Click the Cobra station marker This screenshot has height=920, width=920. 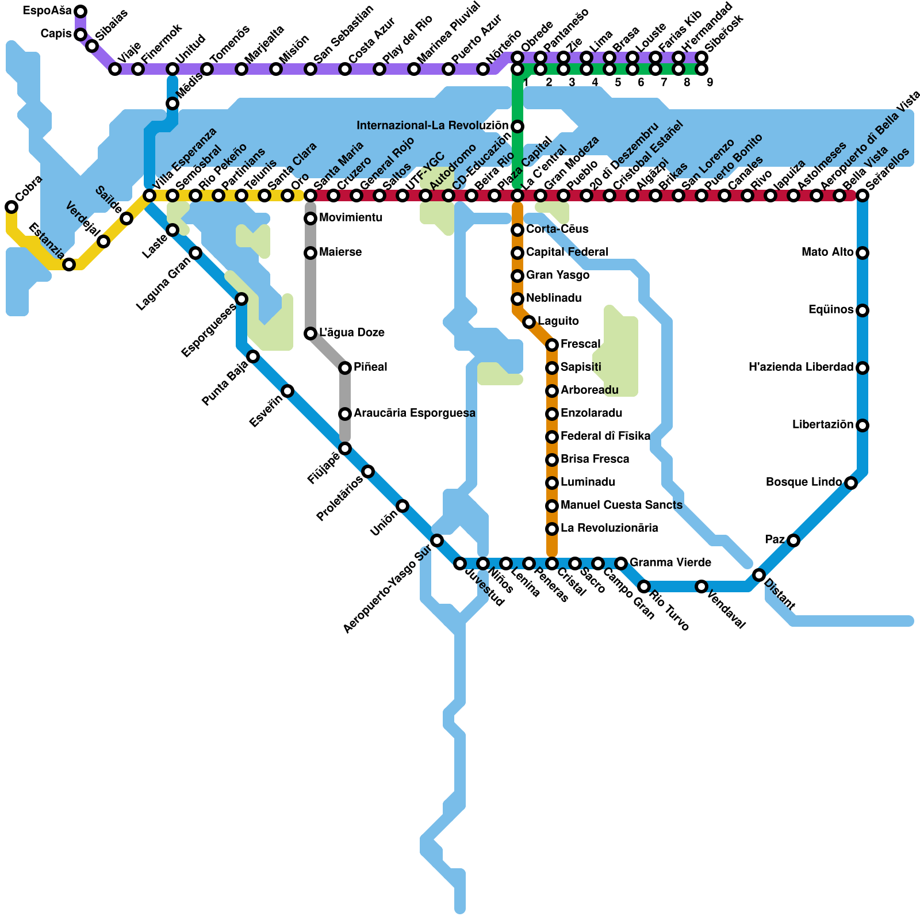click(11, 207)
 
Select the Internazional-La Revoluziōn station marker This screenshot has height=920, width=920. click(517, 126)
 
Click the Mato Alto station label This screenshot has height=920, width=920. click(827, 252)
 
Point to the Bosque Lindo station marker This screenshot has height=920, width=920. click(851, 483)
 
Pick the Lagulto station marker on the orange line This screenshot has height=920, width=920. click(529, 322)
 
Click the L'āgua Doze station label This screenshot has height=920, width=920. click(352, 333)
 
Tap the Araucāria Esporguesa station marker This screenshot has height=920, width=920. click(345, 414)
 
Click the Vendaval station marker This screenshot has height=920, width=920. click(701, 586)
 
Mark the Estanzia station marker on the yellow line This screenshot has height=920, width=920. click(69, 264)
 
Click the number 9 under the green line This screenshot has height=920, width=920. click(710, 82)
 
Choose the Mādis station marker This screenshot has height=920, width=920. click(172, 103)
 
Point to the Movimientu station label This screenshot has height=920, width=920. click(351, 218)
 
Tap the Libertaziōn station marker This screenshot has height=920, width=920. click(862, 425)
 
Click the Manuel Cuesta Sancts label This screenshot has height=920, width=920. click(622, 505)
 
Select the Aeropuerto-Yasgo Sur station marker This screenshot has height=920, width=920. click(437, 540)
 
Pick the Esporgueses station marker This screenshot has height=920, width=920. click(241, 299)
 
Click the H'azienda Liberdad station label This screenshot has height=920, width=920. click(801, 367)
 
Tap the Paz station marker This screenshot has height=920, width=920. click(793, 540)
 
